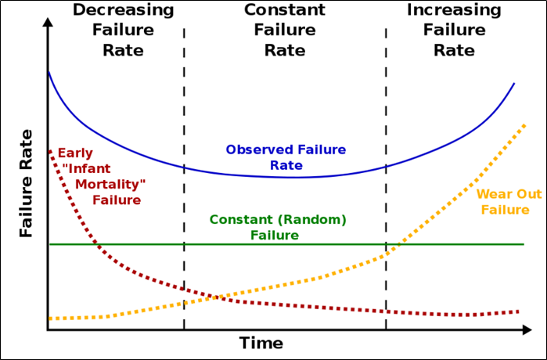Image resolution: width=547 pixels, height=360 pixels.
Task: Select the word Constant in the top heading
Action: point(284,10)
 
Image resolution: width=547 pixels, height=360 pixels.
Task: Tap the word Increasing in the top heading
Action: point(454,10)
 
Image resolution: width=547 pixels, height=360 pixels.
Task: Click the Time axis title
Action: point(261,343)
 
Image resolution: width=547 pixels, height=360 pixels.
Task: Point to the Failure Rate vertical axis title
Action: point(27,185)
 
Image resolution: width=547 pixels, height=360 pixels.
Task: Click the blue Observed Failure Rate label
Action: point(286,157)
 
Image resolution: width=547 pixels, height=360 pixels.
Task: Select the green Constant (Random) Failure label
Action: point(278,227)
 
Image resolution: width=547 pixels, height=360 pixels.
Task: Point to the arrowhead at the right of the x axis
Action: point(527,331)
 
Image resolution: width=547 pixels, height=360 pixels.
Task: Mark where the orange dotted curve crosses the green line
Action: point(394,245)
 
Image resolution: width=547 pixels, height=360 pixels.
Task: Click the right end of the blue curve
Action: point(514,83)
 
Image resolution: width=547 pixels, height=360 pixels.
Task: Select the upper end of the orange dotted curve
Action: point(524,124)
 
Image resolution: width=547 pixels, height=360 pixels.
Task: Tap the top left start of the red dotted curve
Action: point(50,150)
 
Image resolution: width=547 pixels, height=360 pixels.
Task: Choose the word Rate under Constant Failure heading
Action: point(284,50)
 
